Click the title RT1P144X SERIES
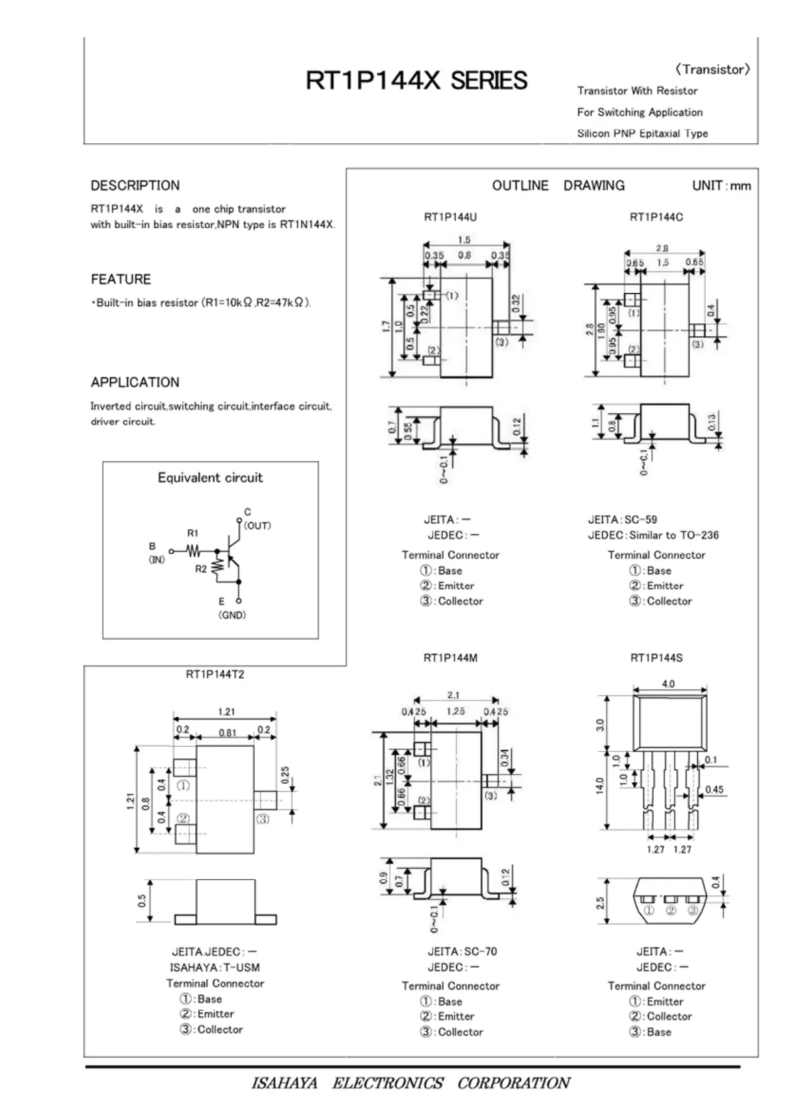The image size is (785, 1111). [x=416, y=80]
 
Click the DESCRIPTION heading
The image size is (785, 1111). [x=135, y=185]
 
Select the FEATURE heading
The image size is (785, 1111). [x=121, y=279]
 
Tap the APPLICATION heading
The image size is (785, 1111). [x=135, y=382]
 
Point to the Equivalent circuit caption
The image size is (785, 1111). [x=210, y=478]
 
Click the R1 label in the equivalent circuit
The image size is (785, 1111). [x=193, y=533]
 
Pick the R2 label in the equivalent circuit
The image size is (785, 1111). [x=201, y=569]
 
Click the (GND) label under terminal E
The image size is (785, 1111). [x=232, y=615]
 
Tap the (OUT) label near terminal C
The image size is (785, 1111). [x=257, y=526]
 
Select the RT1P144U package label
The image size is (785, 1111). [x=451, y=217]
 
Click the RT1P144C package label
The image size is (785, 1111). [x=656, y=217]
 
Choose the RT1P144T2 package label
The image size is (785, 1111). [x=215, y=674]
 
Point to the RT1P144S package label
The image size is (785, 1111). [x=656, y=658]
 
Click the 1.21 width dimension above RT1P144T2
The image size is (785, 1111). [x=226, y=712]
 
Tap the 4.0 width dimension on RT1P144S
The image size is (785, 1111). [x=668, y=684]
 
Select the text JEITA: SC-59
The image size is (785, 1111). [x=623, y=520]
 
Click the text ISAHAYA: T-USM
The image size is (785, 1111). [x=215, y=967]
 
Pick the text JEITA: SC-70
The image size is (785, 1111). [x=462, y=951]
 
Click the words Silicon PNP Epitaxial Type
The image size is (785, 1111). [x=643, y=133]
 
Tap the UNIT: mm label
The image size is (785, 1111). [x=722, y=186]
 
